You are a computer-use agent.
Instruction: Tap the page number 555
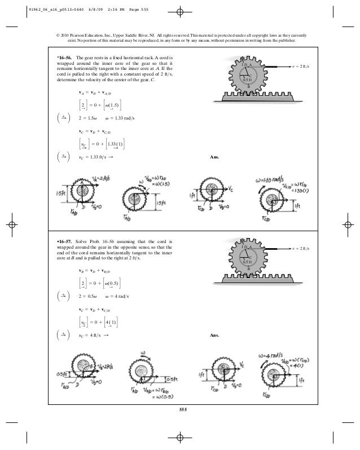click(181, 409)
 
